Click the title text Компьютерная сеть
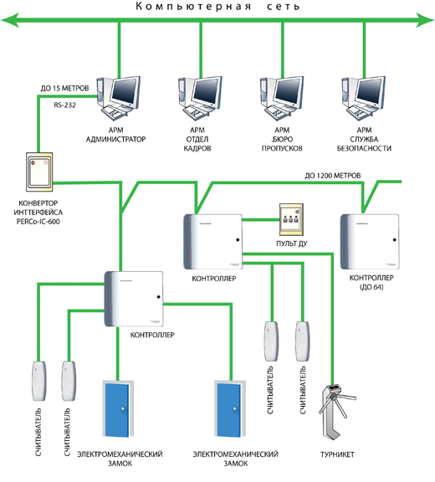pyautogui.click(x=217, y=6)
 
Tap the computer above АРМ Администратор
pyautogui.click(x=119, y=99)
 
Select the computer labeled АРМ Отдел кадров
pyautogui.click(x=200, y=99)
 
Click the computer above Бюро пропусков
pyautogui.click(x=282, y=99)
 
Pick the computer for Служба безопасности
pyautogui.click(x=364, y=99)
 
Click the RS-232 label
pyautogui.click(x=64, y=105)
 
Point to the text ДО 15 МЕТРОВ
pyautogui.click(x=64, y=89)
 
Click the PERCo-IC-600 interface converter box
pyautogui.click(x=39, y=172)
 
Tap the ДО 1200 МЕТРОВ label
pyautogui.click(x=333, y=176)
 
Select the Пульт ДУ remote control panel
pyautogui.click(x=292, y=220)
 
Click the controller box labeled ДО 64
pyautogui.click(x=370, y=242)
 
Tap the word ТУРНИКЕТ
pyautogui.click(x=337, y=454)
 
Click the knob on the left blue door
pyautogui.click(x=123, y=409)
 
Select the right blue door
pyautogui.click(x=230, y=409)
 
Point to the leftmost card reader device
pyautogui.click(x=39, y=381)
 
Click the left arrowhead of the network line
pyautogui.click(x=10, y=20)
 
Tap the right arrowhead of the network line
pyautogui.click(x=425, y=20)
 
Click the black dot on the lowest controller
pyautogui.click(x=158, y=297)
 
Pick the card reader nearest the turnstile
pyautogui.click(x=303, y=341)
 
